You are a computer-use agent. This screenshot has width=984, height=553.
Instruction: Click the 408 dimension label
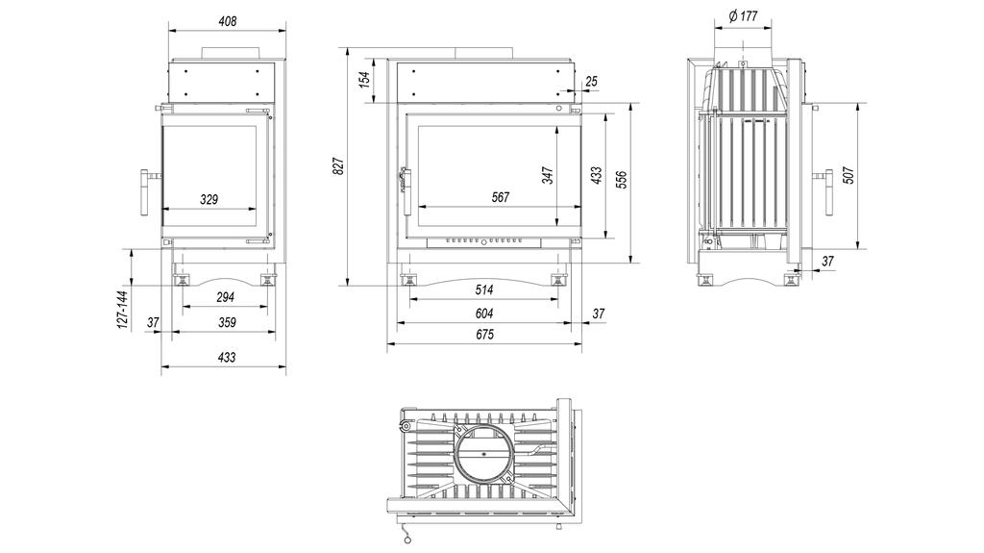227,20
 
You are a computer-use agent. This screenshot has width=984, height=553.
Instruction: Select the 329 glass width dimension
209,200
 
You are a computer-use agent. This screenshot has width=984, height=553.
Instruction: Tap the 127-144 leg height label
122,309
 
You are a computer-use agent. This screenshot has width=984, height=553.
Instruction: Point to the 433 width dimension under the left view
226,357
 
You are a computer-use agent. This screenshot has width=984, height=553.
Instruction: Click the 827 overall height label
338,167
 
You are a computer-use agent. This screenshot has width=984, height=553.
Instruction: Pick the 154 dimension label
365,80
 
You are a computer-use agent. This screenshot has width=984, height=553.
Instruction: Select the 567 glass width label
500,197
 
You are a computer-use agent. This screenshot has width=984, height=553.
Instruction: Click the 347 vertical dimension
548,175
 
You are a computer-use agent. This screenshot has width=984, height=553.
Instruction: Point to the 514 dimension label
483,289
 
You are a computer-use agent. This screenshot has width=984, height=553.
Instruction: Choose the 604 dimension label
483,314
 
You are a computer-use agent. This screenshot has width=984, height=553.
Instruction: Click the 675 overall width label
483,336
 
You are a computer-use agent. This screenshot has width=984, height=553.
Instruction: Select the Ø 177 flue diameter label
743,15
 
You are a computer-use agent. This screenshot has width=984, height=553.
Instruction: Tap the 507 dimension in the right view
848,176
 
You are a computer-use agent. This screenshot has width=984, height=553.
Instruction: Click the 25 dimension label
590,82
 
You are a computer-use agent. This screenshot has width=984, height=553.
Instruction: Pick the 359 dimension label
226,323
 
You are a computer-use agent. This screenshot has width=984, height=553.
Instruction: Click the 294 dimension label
226,297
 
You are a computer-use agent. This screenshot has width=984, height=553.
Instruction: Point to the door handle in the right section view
828,190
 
